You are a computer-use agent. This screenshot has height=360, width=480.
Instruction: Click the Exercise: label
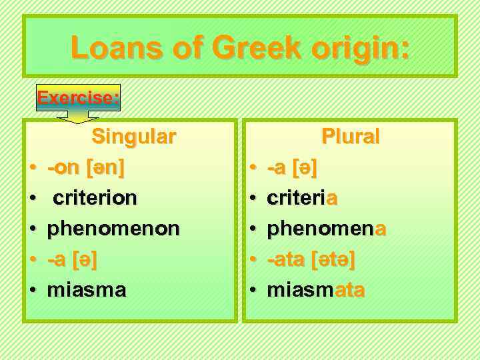pos(79,99)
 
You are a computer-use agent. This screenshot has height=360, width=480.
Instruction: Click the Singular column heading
pos(134,137)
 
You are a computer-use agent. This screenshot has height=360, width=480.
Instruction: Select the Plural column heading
pos(351,137)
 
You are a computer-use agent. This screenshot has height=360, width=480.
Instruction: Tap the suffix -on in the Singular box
pos(64,167)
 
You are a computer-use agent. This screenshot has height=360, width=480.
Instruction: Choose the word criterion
pos(95,198)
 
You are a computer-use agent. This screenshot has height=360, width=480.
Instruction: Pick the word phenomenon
pos(113,229)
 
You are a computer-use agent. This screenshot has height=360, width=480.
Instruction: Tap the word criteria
pos(302,198)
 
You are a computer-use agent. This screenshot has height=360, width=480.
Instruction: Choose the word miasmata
pos(315,290)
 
